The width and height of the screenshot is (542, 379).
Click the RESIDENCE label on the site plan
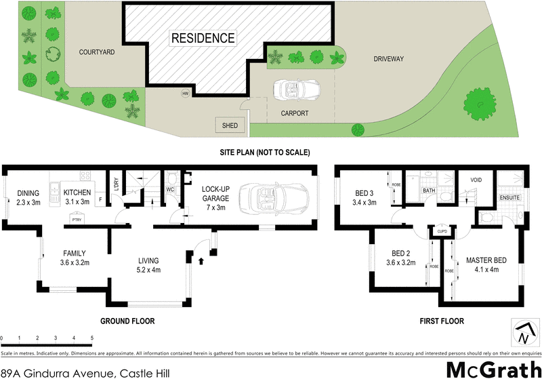203,38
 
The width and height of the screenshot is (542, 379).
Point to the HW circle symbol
184,94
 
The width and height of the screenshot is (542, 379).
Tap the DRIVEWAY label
388,59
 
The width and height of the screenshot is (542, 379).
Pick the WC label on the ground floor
170,190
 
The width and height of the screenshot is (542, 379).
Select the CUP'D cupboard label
441,231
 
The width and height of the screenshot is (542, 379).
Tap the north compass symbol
522,332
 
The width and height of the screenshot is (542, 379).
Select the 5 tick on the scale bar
92,337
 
